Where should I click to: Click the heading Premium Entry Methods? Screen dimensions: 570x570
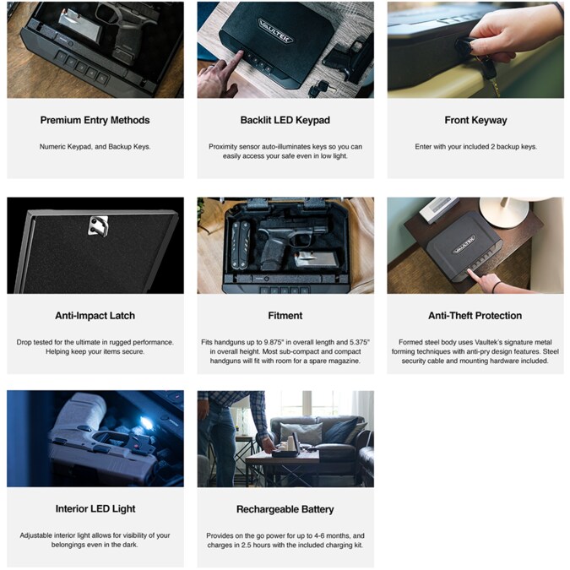(95, 120)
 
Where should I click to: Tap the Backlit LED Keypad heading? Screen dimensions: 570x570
(285, 120)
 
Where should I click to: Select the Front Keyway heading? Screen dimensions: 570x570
(475, 120)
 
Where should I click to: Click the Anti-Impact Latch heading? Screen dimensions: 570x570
(95, 316)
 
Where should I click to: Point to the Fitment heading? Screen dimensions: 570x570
(285, 316)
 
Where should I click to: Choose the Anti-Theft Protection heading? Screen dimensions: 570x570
(475, 316)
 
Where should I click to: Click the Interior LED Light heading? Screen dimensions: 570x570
(95, 508)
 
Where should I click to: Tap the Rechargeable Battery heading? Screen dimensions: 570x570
(285, 509)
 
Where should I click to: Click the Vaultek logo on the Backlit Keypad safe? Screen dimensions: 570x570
(275, 30)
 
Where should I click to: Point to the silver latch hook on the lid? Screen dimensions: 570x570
(99, 225)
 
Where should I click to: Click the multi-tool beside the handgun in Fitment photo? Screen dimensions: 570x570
(241, 244)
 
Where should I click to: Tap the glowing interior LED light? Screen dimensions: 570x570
(146, 422)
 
